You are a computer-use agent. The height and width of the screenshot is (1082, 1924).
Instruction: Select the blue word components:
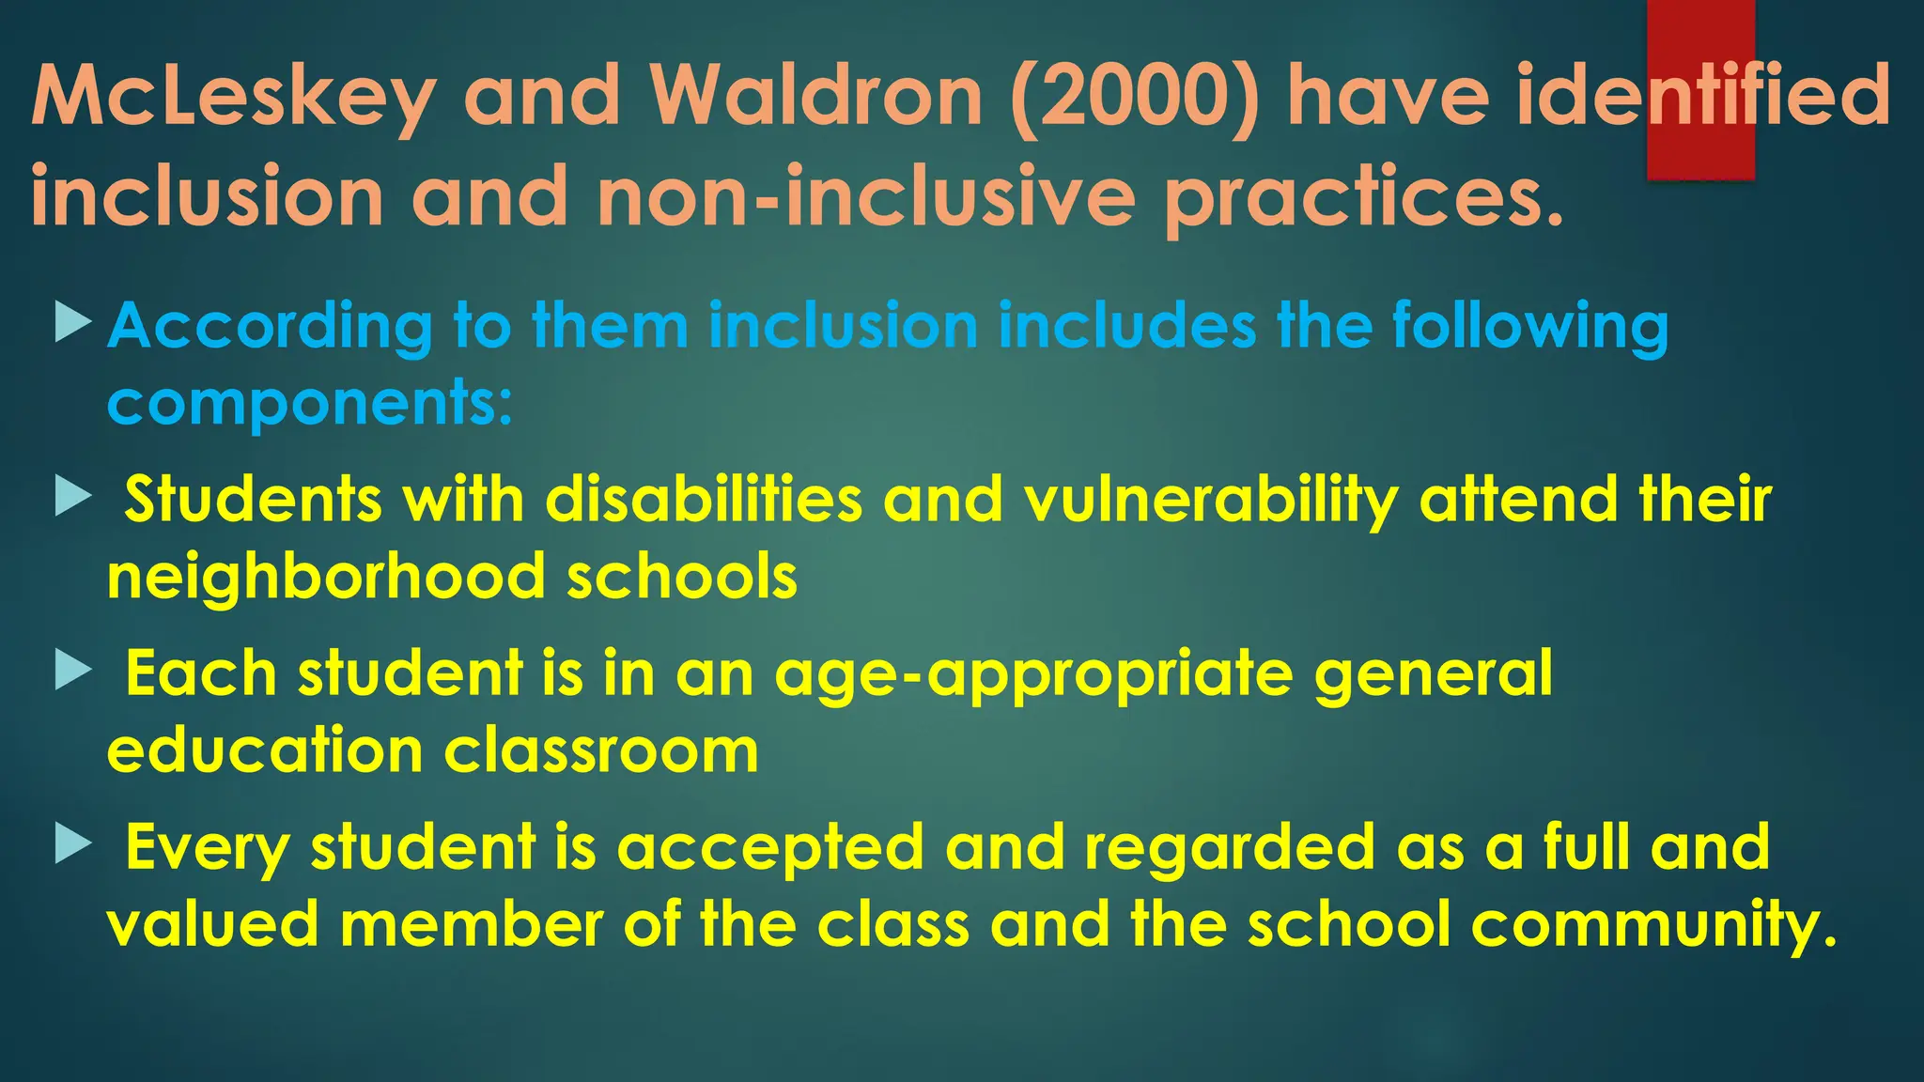click(x=310, y=404)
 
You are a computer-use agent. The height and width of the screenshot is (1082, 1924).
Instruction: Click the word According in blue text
click(x=270, y=328)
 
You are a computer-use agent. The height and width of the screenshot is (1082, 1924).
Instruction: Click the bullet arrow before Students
click(x=73, y=495)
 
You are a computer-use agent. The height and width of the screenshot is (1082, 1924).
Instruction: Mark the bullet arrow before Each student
click(x=73, y=671)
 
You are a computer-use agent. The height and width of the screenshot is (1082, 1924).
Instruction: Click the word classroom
click(x=601, y=751)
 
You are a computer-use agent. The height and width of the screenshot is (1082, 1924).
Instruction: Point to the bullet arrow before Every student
click(x=73, y=843)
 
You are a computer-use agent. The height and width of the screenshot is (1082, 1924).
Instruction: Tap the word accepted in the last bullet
click(x=770, y=848)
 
